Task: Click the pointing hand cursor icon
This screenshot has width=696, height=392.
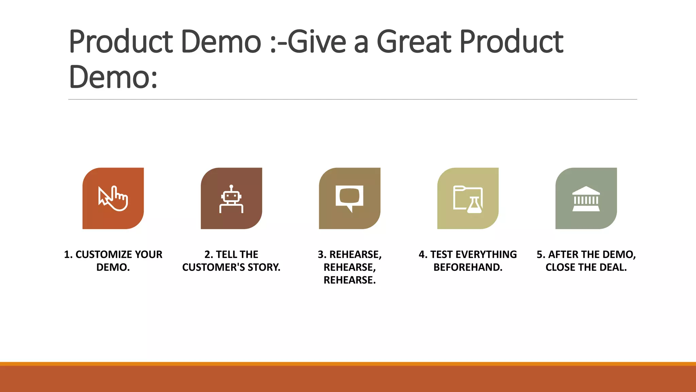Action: click(x=113, y=198)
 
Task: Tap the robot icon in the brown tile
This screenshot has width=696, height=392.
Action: click(x=231, y=199)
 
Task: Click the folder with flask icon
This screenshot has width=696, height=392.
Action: click(x=468, y=199)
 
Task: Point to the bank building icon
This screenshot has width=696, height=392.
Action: click(x=586, y=199)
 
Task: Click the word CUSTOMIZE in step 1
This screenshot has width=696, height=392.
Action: click(x=104, y=255)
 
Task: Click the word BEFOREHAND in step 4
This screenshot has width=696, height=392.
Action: click(x=468, y=267)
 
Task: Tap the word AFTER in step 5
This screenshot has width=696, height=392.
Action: click(x=563, y=255)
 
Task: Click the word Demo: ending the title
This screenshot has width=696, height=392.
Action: click(x=113, y=77)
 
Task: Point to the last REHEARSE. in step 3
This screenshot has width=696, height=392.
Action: click(x=349, y=280)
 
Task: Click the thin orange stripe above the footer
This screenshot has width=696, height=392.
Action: click(x=348, y=363)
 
